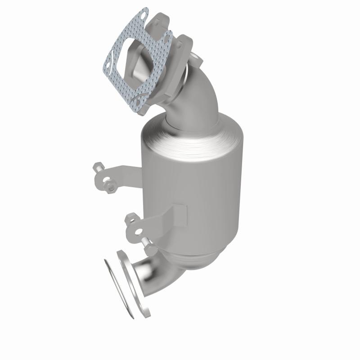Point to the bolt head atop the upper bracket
(x=98, y=169)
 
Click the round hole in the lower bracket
(x=138, y=232)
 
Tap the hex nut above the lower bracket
(x=130, y=219)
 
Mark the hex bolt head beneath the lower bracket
(x=149, y=248)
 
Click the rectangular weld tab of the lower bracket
(x=178, y=213)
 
